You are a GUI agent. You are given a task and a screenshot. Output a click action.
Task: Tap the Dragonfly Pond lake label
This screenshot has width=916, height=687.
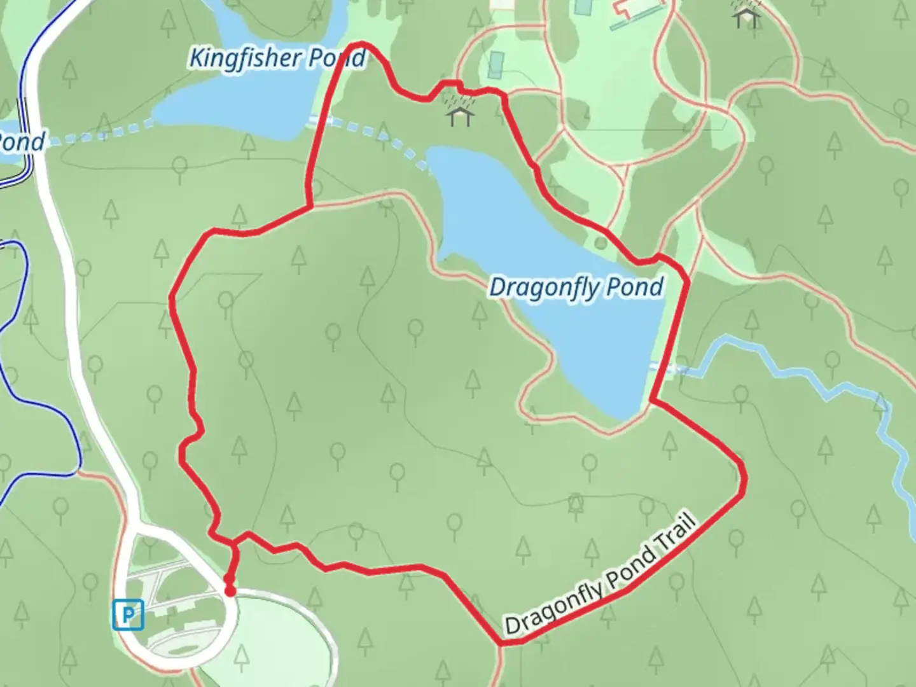point(576,288)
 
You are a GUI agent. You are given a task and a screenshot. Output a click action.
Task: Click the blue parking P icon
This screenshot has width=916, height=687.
point(128,615)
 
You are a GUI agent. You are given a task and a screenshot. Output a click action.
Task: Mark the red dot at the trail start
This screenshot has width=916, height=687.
point(230,591)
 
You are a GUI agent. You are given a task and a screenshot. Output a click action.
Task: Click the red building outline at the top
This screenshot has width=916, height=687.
point(627,8)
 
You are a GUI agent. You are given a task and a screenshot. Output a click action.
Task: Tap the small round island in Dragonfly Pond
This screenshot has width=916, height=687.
point(600,242)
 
